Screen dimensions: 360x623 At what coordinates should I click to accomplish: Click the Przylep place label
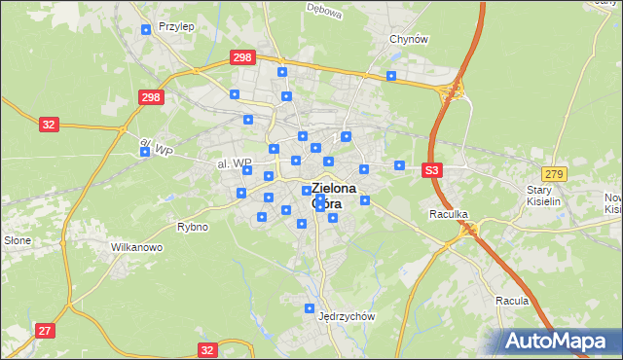(x=175, y=27)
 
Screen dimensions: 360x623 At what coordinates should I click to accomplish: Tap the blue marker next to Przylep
(x=146, y=29)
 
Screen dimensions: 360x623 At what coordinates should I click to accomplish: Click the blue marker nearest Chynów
(x=391, y=76)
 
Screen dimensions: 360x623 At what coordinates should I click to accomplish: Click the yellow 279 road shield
(x=554, y=173)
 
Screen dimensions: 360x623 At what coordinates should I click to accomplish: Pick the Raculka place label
(x=450, y=213)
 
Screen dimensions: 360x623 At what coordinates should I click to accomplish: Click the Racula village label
(x=511, y=301)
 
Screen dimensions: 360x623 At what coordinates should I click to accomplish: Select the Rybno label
(x=192, y=227)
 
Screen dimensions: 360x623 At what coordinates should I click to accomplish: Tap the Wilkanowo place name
(x=135, y=247)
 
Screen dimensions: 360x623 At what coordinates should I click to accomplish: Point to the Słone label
(x=18, y=240)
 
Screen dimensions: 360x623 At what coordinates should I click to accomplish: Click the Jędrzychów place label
(x=347, y=316)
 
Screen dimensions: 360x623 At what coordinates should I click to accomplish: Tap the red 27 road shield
(x=44, y=331)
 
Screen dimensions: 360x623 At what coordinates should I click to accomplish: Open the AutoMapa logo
(x=559, y=341)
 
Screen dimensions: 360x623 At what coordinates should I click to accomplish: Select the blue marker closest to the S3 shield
(x=399, y=165)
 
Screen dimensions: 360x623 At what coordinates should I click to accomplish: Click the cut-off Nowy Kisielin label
(x=612, y=202)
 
